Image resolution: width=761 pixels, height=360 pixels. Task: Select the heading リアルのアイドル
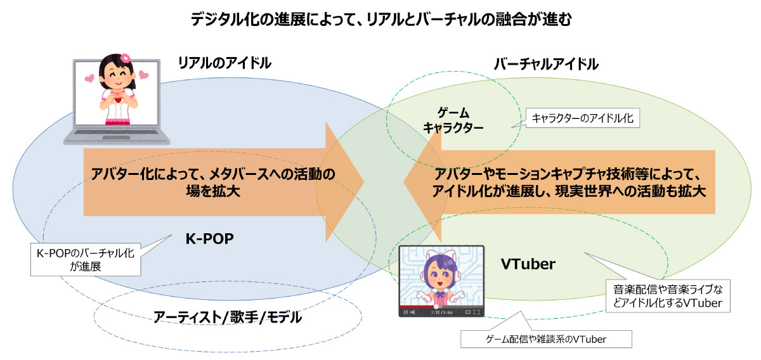224,63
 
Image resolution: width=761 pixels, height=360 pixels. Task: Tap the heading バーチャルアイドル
546,64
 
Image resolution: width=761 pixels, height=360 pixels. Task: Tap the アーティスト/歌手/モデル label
227,317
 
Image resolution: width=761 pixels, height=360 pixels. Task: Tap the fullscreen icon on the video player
475,312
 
